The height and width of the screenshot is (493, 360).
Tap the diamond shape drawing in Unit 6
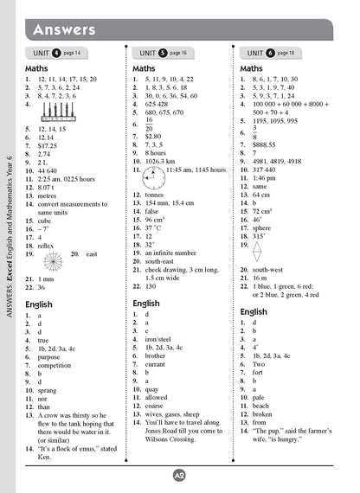tap(256, 252)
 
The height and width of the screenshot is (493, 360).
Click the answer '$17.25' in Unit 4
tap(48, 145)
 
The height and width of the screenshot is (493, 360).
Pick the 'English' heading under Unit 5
tap(146, 304)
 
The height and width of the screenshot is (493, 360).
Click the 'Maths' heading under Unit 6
tap(251, 68)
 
